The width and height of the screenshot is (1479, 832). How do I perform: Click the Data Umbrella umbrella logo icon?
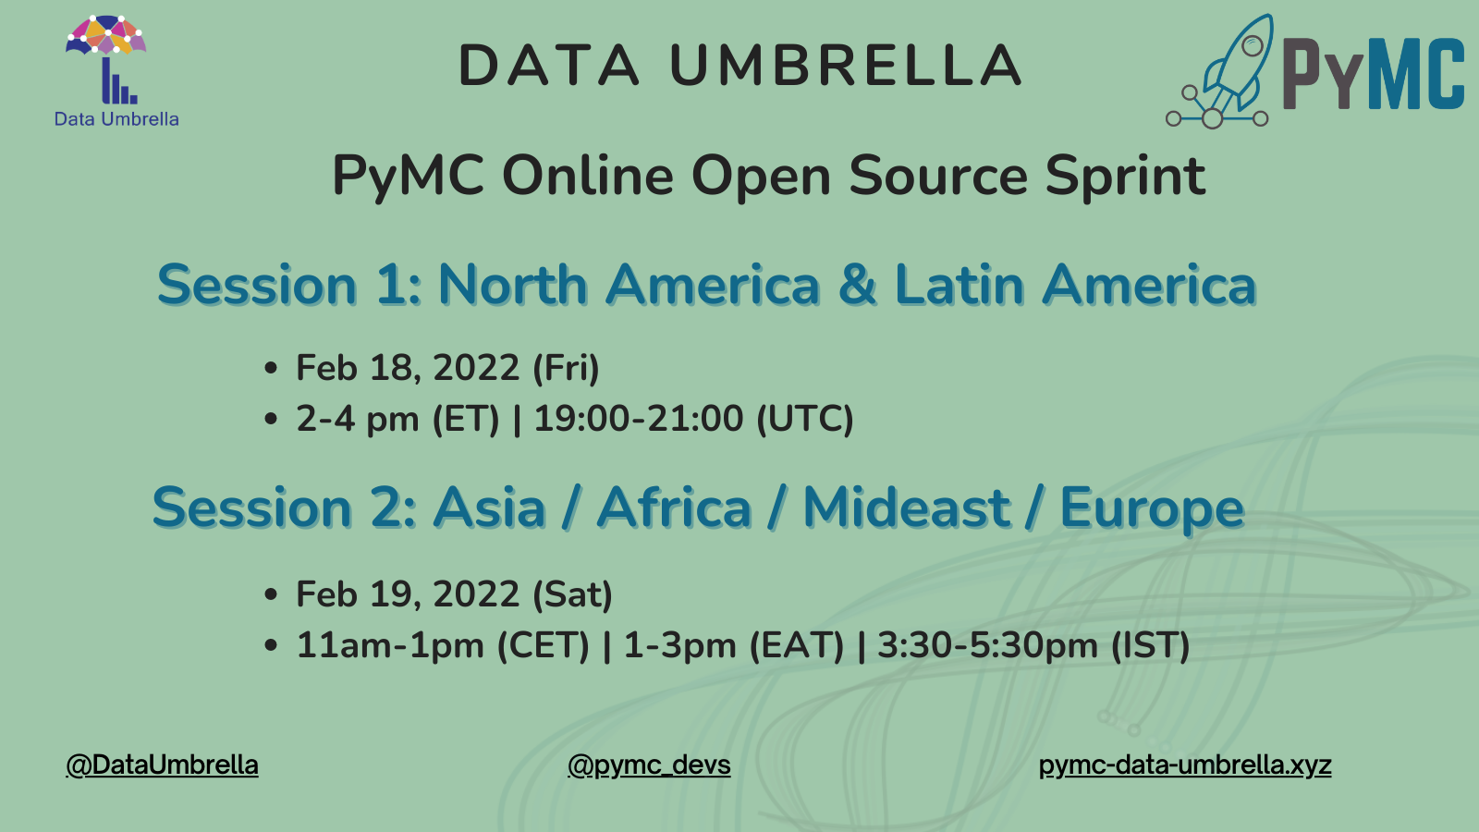tap(105, 59)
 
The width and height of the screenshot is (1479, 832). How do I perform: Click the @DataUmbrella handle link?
tap(162, 765)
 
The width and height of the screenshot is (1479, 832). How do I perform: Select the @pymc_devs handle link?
tap(649, 765)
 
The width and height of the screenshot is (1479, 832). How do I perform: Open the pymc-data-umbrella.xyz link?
tap(1185, 765)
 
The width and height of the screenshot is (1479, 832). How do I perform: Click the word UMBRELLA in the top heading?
tap(846, 66)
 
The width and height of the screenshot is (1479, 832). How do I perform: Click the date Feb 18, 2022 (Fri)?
tap(447, 368)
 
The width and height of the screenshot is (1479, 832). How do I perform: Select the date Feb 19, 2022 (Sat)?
tap(454, 594)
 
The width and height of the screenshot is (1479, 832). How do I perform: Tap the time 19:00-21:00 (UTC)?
tap(693, 419)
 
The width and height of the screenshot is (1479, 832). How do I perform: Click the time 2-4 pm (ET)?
tap(397, 419)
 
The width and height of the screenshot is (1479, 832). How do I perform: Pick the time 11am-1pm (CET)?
tap(443, 645)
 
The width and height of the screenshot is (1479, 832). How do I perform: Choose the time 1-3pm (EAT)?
tap(734, 645)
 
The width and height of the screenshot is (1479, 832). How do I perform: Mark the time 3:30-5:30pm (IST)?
tap(1033, 645)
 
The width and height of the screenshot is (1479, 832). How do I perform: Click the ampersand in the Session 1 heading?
tap(858, 285)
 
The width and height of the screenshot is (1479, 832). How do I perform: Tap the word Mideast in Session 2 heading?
tap(907, 508)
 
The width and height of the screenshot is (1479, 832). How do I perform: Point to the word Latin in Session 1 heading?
tap(960, 285)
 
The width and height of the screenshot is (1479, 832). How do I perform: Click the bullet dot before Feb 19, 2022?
tap(270, 594)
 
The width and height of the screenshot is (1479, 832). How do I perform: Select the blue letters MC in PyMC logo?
tap(1420, 73)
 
